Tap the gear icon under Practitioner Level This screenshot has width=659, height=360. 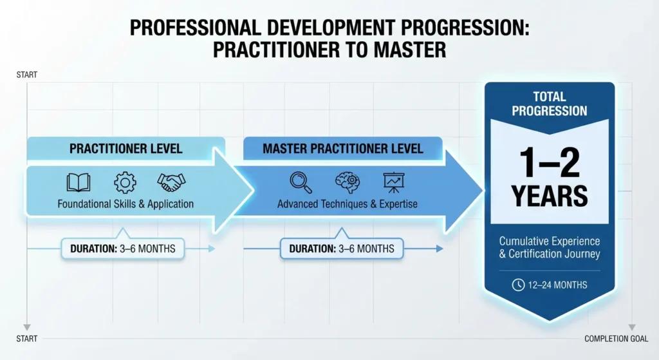coord(125,183)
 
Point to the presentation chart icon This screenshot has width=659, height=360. coord(393,183)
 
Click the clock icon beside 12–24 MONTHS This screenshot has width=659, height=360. coord(518,285)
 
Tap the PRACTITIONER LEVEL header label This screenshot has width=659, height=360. coord(125,149)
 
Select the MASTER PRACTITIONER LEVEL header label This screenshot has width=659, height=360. coord(342,149)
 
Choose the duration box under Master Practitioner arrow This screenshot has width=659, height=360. coord(341,248)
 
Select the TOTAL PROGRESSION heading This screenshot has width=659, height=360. coord(550,104)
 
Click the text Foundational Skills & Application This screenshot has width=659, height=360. coord(125,204)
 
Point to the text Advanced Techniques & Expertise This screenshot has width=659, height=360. coord(347,204)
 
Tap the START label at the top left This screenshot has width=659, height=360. coord(26,75)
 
